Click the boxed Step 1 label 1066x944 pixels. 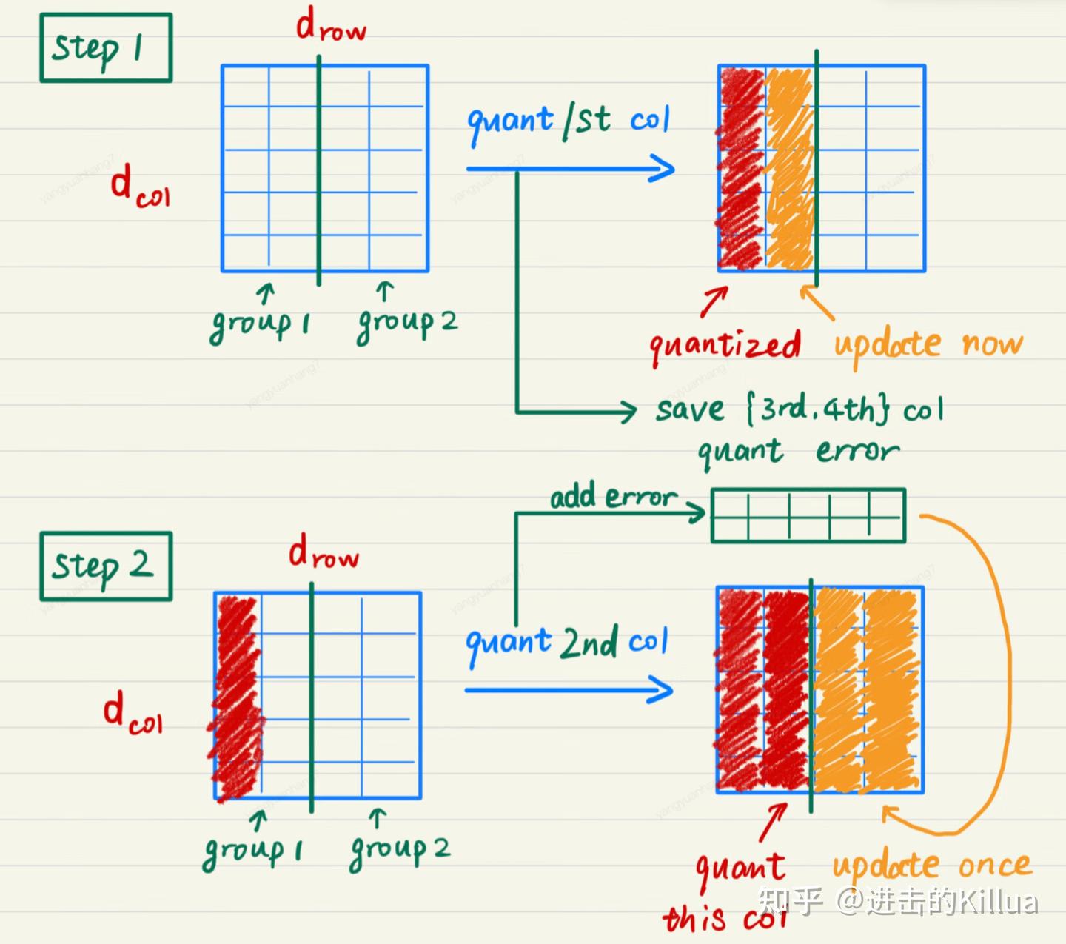tap(105, 48)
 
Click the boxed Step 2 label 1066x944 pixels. tap(105, 566)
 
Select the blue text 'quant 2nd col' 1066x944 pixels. tap(566, 643)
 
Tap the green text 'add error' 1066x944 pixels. tap(613, 498)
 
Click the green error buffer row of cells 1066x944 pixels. tap(808, 515)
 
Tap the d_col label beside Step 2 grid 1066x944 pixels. tap(132, 715)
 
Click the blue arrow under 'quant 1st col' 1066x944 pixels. tap(570, 169)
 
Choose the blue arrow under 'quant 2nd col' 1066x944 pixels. tap(569, 690)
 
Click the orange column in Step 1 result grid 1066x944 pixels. tap(789, 169)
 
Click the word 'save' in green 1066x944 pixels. tap(688, 409)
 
